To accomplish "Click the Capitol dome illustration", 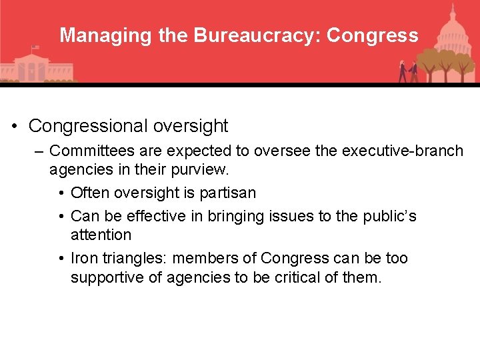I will [x=452, y=30].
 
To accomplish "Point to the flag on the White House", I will [x=35, y=48].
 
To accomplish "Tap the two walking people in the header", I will [x=407, y=71].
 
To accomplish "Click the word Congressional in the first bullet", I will [x=89, y=125].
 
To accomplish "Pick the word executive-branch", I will [x=403, y=151].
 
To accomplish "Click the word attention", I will [x=101, y=235].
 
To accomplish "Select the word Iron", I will [x=85, y=258].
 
